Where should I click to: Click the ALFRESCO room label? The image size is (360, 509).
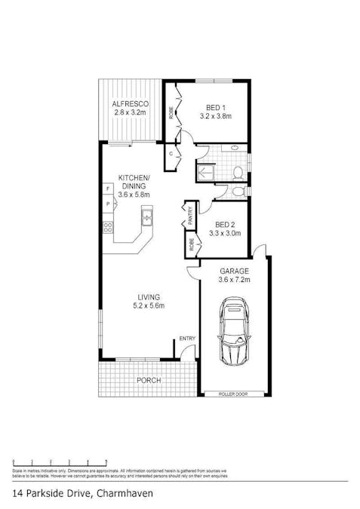[130, 103]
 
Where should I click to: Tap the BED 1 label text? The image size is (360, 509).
[214, 106]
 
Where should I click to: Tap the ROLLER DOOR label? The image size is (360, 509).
[233, 394]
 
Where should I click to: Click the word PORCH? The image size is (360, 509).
[148, 381]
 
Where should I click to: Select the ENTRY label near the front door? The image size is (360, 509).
[186, 339]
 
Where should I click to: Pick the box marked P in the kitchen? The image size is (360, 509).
[107, 204]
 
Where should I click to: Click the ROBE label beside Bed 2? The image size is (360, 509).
[191, 244]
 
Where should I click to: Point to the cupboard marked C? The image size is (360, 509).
[171, 154]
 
